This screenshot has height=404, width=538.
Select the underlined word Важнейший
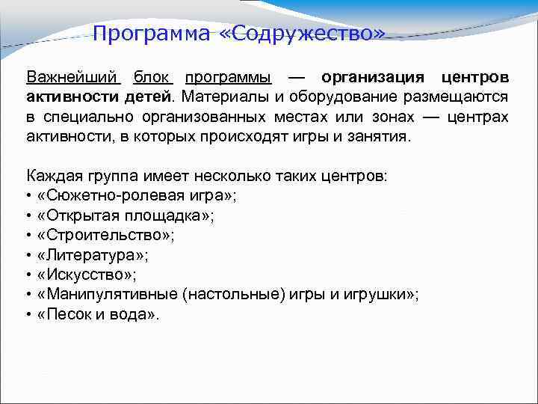click(x=72, y=78)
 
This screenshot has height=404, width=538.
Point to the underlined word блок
click(x=153, y=78)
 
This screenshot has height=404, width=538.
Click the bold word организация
click(x=373, y=78)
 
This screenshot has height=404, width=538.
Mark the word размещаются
click(x=460, y=97)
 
